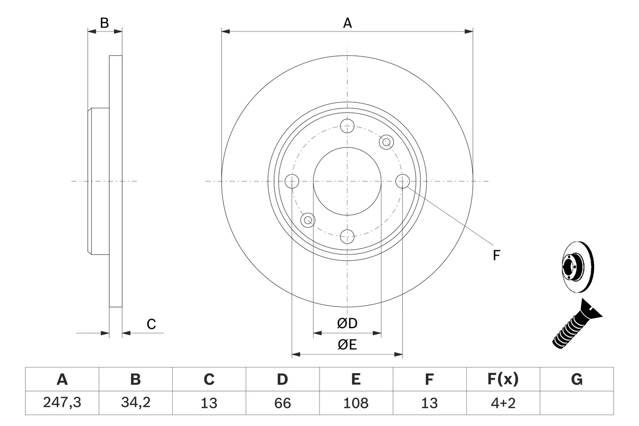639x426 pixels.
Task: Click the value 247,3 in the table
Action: [x=62, y=403]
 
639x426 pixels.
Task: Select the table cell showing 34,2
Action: [x=135, y=403]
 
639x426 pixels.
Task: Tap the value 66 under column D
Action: [x=283, y=403]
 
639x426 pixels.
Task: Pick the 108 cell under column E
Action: [x=355, y=403]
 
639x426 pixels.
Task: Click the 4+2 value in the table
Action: [x=503, y=403]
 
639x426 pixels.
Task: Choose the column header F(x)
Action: [x=503, y=380]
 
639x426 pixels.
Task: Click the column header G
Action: [x=577, y=380]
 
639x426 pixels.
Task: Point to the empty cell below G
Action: [x=577, y=403]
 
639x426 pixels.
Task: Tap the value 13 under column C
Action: [x=209, y=403]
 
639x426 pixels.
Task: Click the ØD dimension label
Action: [x=347, y=324]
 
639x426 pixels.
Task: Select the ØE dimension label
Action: [x=347, y=345]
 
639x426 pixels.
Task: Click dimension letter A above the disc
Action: [x=347, y=23]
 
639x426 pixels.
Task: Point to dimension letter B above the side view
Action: [x=104, y=23]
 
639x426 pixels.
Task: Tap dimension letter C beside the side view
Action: [x=151, y=324]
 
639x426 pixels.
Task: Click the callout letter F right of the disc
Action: [x=496, y=256]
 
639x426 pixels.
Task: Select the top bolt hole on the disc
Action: [x=347, y=125]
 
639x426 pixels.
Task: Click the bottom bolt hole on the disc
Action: [x=347, y=236]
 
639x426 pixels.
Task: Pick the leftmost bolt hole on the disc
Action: [x=292, y=181]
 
